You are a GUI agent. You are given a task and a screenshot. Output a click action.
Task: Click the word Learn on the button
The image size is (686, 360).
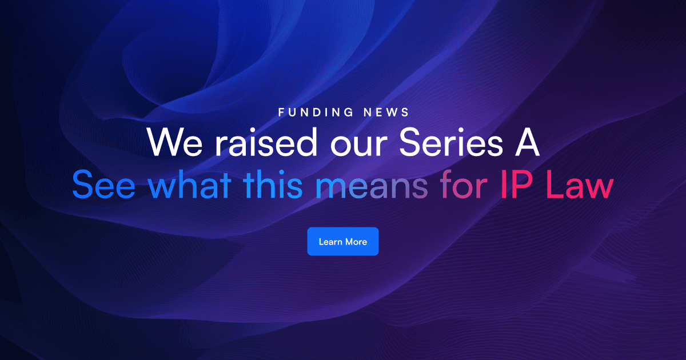[330, 242]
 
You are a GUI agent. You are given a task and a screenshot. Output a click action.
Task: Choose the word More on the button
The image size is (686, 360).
[356, 242]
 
